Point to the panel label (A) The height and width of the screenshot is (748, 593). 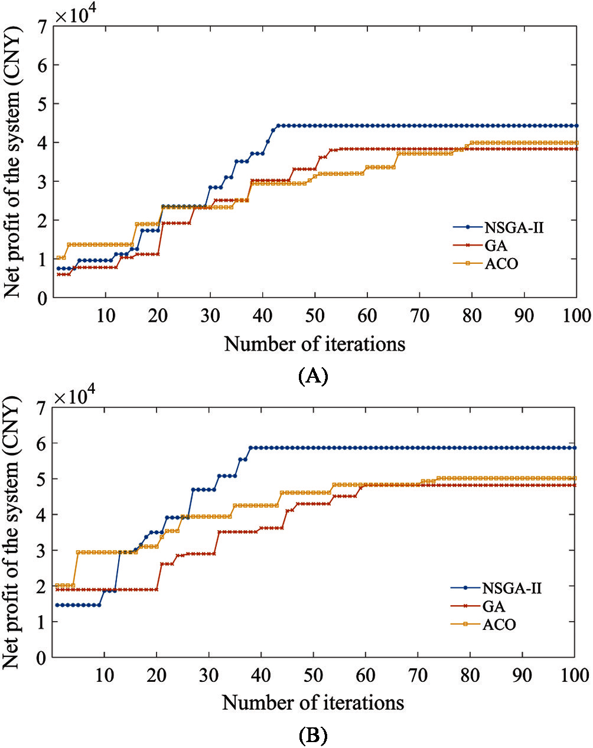[x=313, y=375]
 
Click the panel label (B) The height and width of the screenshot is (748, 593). [x=313, y=735]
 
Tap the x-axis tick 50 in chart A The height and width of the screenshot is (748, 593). [x=315, y=315]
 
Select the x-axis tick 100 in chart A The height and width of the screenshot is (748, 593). [x=576, y=315]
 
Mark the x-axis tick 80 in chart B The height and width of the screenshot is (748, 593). [x=471, y=675]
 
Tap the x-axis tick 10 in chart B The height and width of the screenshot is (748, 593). [x=105, y=675]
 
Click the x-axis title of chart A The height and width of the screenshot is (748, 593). [x=315, y=344]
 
